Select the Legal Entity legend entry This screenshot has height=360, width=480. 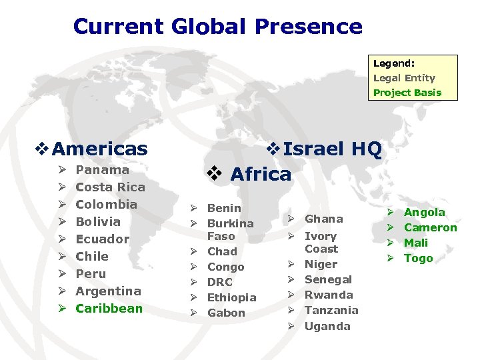[x=404, y=78]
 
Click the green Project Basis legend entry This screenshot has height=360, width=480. [x=407, y=93]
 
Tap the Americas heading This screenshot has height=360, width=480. [x=99, y=149]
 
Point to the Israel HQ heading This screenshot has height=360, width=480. [x=332, y=150]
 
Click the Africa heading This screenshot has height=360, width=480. [x=260, y=174]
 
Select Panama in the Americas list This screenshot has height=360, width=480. [x=103, y=170]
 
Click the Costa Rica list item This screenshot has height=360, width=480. [x=110, y=187]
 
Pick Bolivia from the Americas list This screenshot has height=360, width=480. [x=98, y=222]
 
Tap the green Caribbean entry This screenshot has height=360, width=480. [x=109, y=308]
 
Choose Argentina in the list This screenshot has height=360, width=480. [x=109, y=291]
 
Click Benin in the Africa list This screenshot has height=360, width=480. [x=224, y=208]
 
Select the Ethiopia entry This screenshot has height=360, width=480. [x=232, y=297]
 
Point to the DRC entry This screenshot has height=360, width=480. [x=220, y=282]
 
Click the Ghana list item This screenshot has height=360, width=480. [x=323, y=219]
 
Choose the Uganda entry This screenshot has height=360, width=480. [x=327, y=326]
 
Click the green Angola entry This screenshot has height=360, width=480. [x=425, y=212]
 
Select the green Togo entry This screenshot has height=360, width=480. [x=419, y=258]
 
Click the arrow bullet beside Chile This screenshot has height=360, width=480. [x=61, y=257]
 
